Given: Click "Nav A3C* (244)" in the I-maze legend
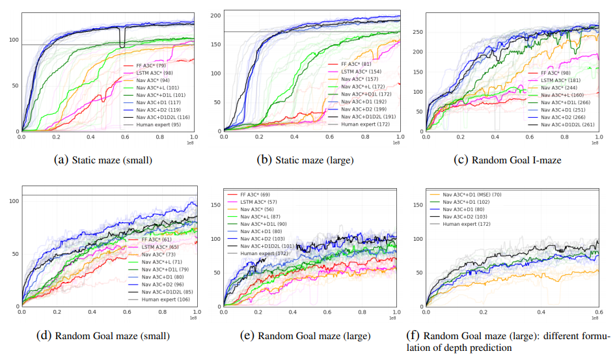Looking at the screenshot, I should pyautogui.click(x=562, y=88).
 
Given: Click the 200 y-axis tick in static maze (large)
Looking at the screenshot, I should pyautogui.click(x=217, y=15).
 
